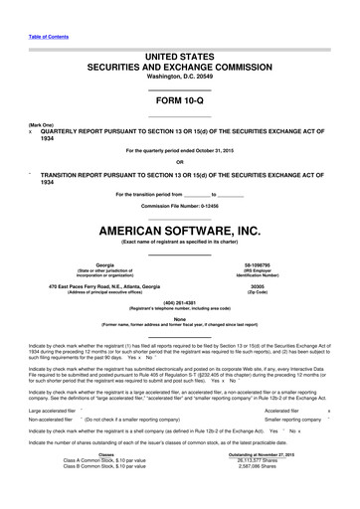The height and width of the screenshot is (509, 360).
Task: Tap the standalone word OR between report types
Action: coord(180,162)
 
